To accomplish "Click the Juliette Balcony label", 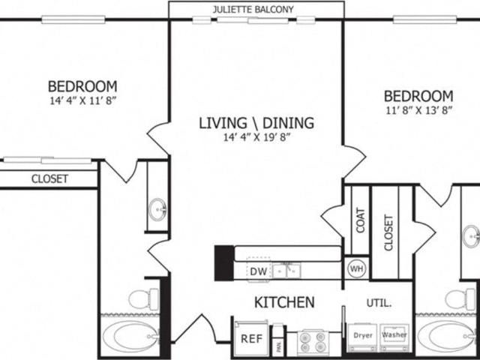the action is tap(253, 10).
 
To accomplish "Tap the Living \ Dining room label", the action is tap(256, 123).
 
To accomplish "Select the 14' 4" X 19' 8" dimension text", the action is tap(256, 137).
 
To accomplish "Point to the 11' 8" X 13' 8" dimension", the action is tap(418, 110).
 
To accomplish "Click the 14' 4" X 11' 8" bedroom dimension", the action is tap(83, 100).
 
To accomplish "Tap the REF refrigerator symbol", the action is tap(251, 338).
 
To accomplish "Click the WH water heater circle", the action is tap(357, 269).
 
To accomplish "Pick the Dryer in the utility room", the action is tap(362, 337).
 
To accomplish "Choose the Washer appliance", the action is tap(394, 337).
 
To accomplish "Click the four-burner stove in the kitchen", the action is tap(312, 342).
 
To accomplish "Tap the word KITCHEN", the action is tap(284, 302).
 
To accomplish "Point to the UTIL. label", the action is tap(379, 303).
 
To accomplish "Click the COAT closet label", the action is tap(360, 220).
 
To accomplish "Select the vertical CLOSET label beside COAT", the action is tap(388, 233).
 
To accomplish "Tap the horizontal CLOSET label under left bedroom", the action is tap(49, 178).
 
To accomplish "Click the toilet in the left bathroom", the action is tap(143, 299).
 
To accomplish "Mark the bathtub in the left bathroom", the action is tap(130, 337).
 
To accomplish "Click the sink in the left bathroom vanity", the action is tap(157, 209).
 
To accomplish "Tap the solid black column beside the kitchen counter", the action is tap(224, 263).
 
